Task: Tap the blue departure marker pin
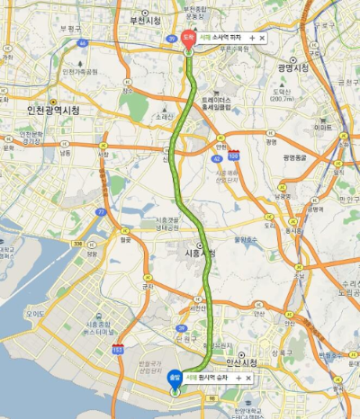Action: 174,379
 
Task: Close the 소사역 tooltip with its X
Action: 262,39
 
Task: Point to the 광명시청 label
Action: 292,67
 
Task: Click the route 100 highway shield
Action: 234,156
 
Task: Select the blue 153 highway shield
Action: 117,346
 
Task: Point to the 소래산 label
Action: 163,116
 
